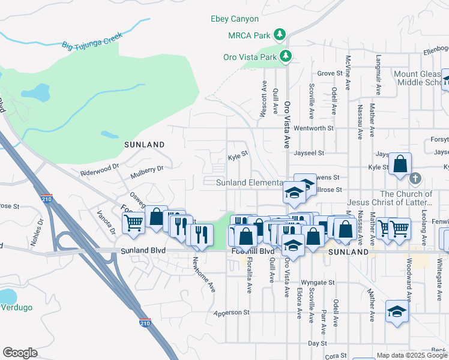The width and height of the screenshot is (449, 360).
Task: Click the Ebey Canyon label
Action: pyautogui.click(x=235, y=19)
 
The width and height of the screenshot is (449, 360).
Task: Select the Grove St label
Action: pyautogui.click(x=329, y=73)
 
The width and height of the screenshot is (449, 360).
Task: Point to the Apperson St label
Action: pyautogui.click(x=231, y=313)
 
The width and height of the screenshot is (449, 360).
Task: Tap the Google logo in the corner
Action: pyautogui.click(x=20, y=353)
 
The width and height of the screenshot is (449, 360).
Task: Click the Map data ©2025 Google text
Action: pyautogui.click(x=412, y=355)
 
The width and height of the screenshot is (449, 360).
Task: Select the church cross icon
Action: pyautogui.click(x=415, y=178)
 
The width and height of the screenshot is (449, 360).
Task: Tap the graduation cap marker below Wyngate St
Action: pyautogui.click(x=397, y=311)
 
